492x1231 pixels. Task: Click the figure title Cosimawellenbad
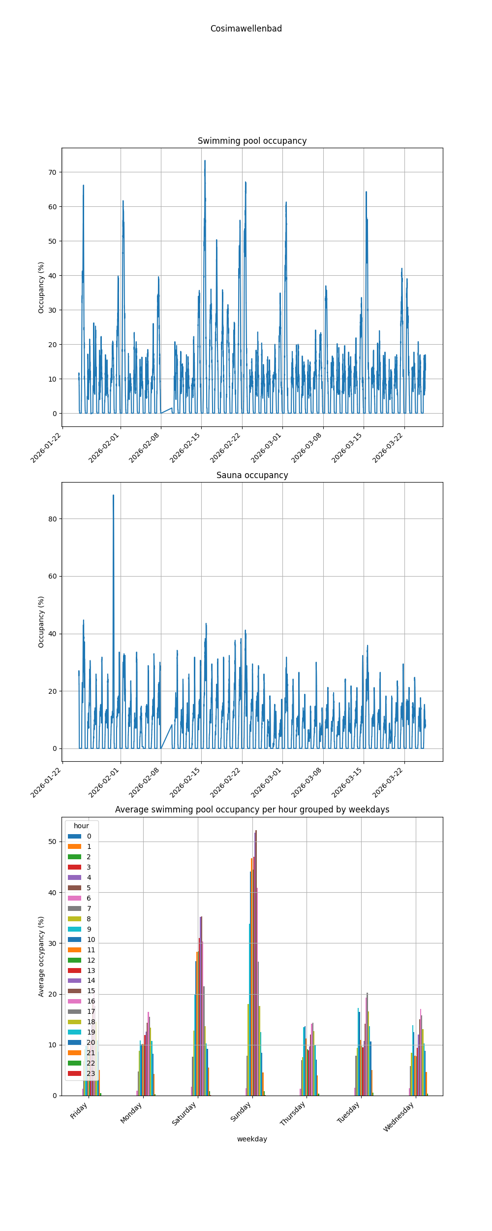[246, 29]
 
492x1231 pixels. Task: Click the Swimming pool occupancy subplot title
[252, 141]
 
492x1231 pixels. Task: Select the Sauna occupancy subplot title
[252, 475]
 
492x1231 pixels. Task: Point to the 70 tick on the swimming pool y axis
[52, 172]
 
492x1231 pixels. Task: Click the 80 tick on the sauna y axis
[52, 519]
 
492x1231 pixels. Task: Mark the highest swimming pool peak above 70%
[205, 161]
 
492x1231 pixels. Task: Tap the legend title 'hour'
[81, 826]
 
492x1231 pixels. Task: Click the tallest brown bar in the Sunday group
[256, 832]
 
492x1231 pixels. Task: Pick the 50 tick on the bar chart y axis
[52, 842]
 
